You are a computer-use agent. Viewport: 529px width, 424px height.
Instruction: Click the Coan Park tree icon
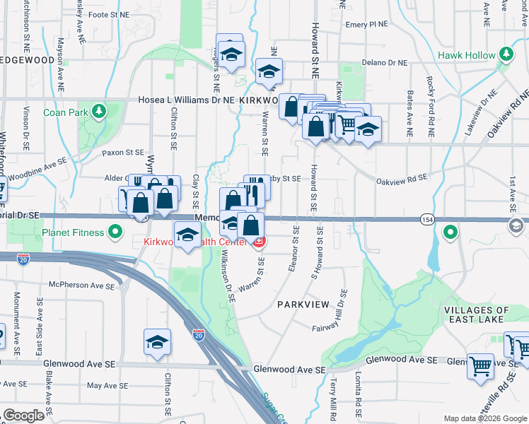tap(99, 111)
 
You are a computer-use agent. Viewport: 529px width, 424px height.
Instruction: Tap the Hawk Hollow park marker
tap(506, 54)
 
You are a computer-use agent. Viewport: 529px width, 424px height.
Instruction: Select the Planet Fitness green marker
tap(115, 232)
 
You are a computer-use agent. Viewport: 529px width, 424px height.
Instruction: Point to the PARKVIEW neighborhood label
tap(303, 304)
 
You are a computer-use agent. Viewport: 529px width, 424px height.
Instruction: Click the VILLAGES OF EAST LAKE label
tap(476, 314)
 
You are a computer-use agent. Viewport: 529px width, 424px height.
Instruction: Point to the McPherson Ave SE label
tap(80, 286)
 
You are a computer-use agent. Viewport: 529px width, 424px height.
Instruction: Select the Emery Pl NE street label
tap(367, 24)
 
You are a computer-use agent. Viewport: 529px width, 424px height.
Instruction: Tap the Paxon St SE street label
tap(122, 152)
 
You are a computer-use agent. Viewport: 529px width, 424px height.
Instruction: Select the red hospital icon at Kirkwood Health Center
tap(260, 242)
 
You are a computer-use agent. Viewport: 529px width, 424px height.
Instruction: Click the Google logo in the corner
tap(24, 416)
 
